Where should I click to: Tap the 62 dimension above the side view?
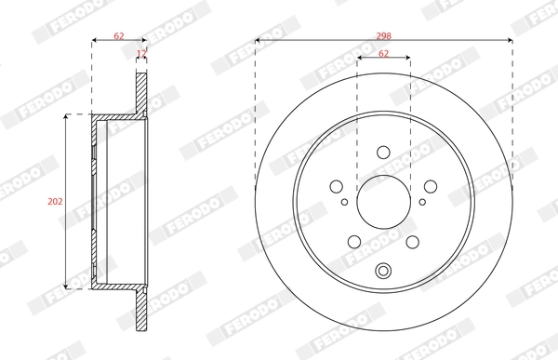pos(119,35)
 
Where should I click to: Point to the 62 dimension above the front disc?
pos(383,53)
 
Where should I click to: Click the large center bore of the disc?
pos(383,201)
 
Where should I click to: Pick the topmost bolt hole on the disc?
pos(383,153)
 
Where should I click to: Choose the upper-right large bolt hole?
pos(429,185)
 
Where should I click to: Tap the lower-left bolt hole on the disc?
pos(354,241)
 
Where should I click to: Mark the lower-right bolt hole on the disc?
pos(412,241)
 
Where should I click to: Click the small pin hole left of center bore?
pos(345,202)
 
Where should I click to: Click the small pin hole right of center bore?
pos(422,202)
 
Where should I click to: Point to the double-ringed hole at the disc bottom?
pos(383,272)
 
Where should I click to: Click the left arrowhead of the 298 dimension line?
pos(258,41)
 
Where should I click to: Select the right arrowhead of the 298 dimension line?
pos(510,41)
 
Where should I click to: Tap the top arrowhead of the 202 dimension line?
pos(66,118)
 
